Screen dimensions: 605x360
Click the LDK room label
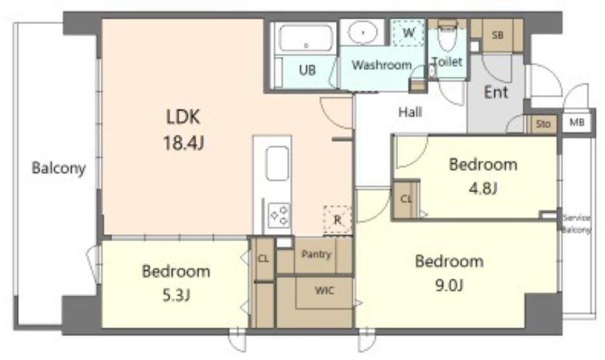[183, 117]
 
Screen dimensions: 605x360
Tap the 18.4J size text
[183, 143]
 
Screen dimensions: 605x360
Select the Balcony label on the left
[59, 168]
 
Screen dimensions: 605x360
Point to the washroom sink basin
[362, 32]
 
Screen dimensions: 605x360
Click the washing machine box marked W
[408, 32]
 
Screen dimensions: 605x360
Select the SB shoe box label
[498, 35]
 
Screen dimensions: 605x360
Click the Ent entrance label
[496, 92]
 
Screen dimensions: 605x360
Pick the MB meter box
[577, 123]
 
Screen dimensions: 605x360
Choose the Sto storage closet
[542, 124]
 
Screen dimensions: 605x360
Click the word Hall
[410, 112]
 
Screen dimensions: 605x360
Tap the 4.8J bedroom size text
[482, 188]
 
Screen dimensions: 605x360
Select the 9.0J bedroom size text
[449, 286]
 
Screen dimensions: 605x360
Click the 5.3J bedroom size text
[176, 295]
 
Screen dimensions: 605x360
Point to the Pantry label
[317, 254]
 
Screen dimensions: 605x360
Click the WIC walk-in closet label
[324, 290]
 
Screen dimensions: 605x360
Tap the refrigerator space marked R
[337, 220]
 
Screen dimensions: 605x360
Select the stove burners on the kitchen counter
[279, 215]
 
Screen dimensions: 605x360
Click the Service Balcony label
[577, 224]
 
